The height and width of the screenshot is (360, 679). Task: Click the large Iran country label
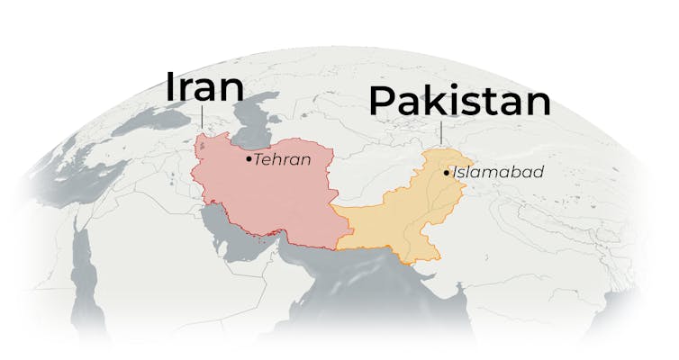pos(204,86)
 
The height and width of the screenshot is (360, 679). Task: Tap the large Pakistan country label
pos(459,102)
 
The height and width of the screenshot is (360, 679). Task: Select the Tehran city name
pos(282,159)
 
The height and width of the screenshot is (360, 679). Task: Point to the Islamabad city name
pos(498,171)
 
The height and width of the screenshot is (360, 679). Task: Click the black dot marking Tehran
pos(249,158)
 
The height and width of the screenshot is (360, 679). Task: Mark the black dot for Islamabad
pos(447,171)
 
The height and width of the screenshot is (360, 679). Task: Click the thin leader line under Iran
pos(202,119)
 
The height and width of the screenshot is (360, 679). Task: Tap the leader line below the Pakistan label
pos(442,132)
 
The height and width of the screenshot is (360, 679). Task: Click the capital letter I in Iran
pos(169,86)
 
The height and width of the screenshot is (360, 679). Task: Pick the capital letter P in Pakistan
pos(382,102)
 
